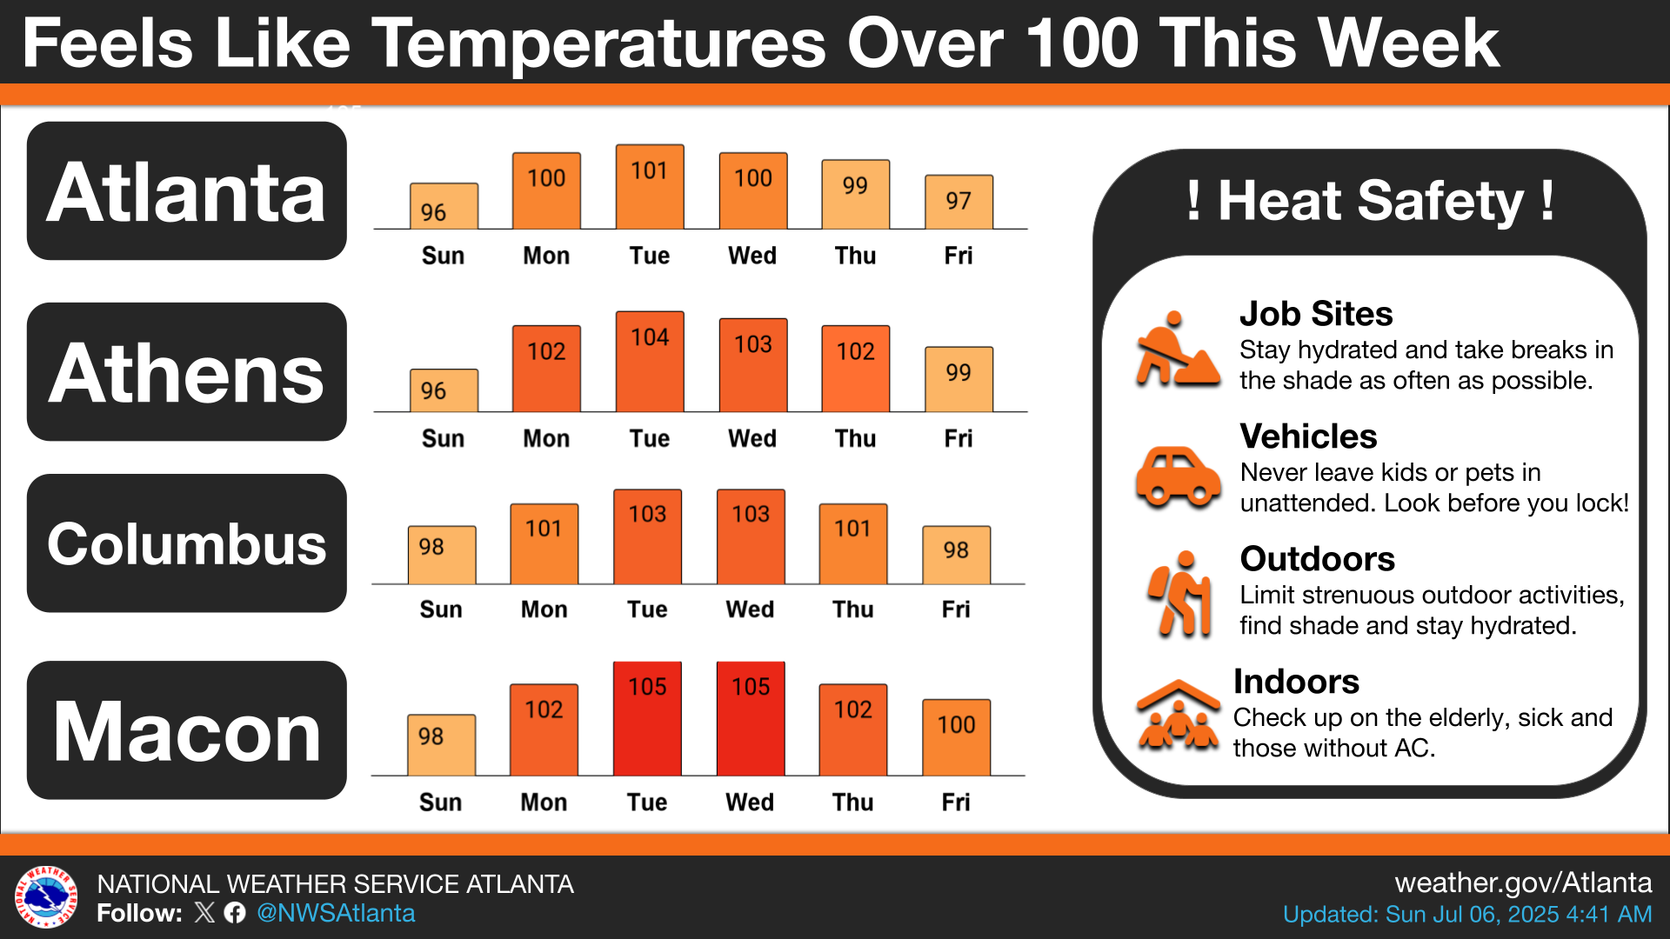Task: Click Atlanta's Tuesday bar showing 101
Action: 650,188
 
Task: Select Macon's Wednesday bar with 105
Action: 751,719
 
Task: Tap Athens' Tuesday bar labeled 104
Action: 650,362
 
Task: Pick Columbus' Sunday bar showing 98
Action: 442,556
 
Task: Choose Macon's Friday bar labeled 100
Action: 956,737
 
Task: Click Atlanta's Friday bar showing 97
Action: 959,203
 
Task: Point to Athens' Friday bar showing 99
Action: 959,380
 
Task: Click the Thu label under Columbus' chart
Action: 853,609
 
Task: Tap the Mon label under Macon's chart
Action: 544,802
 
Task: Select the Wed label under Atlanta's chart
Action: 752,256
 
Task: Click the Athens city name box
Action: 187,372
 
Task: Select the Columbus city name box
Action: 187,543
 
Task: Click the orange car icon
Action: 1179,477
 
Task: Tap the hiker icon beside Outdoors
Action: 1180,595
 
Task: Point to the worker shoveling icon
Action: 1176,350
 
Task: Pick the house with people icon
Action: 1179,716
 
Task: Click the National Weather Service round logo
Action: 46,897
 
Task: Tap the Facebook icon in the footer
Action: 235,913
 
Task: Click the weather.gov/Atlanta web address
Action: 1523,883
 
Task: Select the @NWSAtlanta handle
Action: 336,913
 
